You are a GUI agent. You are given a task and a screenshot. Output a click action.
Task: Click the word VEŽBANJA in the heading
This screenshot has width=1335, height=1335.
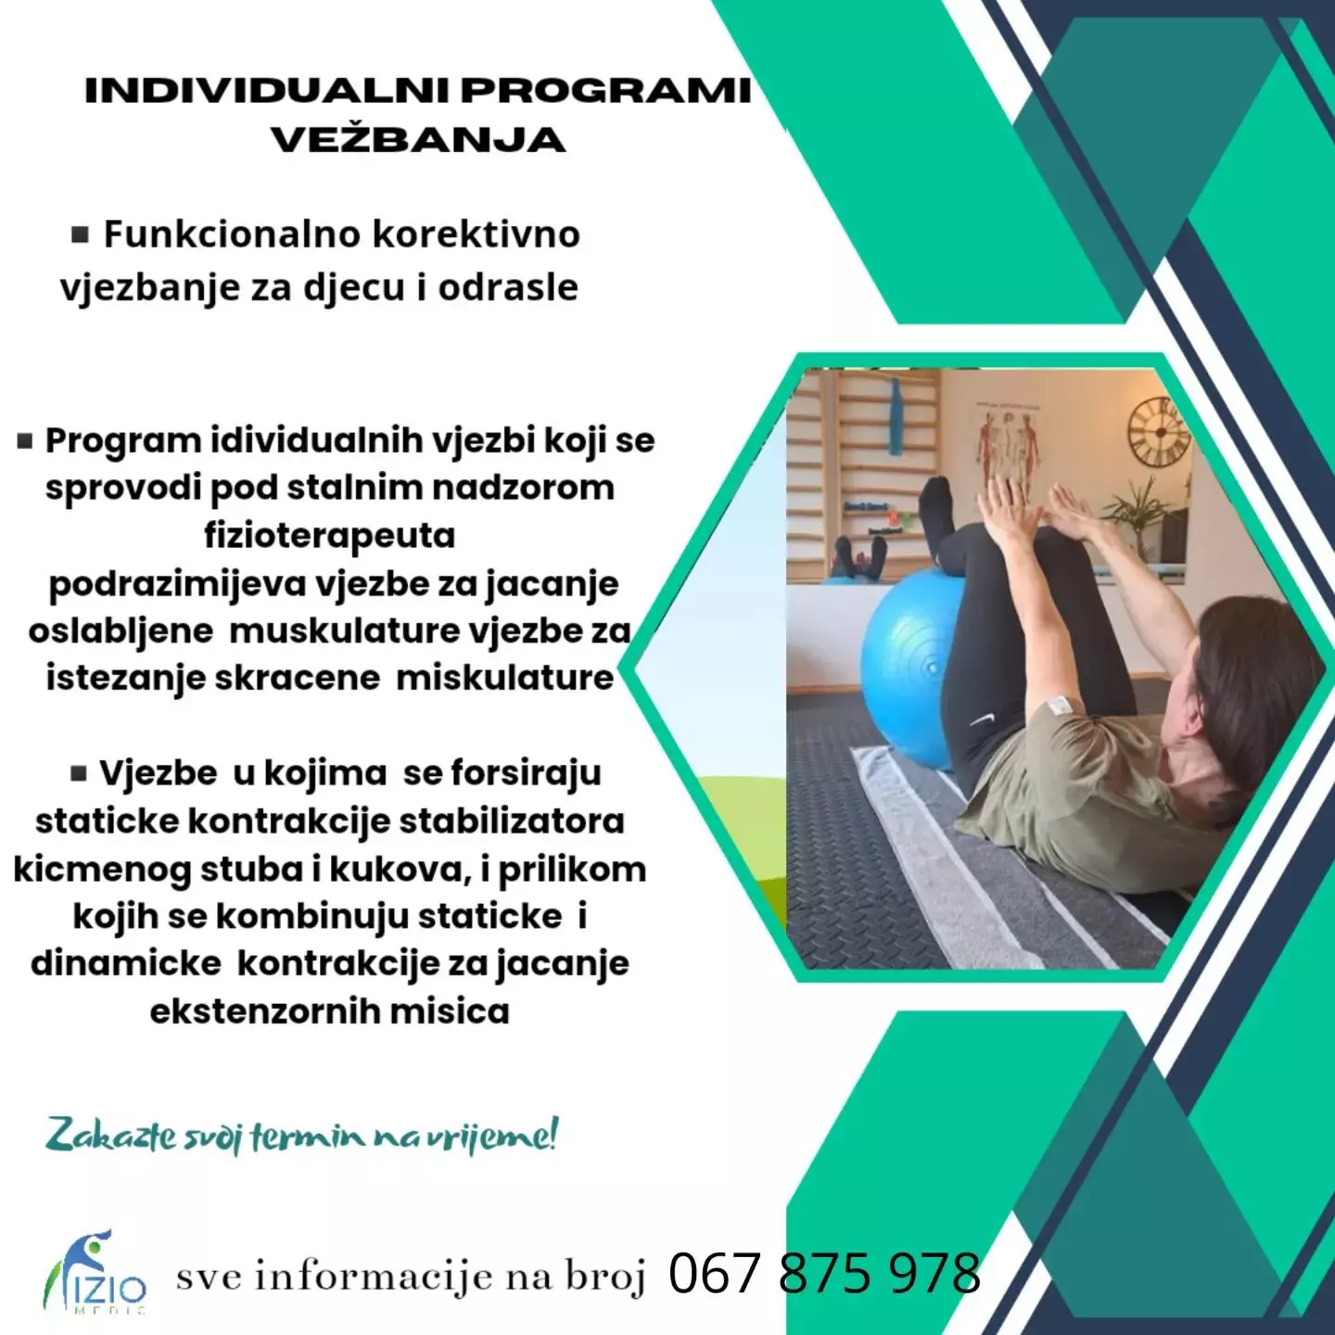click(x=418, y=140)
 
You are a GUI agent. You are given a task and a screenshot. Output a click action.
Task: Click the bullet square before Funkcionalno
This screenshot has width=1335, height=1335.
click(x=81, y=235)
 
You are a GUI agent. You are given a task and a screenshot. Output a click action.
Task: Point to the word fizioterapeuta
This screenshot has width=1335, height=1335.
click(x=330, y=536)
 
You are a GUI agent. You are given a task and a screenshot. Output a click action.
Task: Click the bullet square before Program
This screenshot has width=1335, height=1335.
click(x=25, y=440)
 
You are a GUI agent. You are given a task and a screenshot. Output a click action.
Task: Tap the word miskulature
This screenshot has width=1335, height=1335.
click(x=504, y=678)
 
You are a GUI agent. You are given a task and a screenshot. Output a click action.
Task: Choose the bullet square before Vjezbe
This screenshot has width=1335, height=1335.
click(x=79, y=772)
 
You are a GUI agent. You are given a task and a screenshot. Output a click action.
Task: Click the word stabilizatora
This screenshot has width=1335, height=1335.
click(x=511, y=821)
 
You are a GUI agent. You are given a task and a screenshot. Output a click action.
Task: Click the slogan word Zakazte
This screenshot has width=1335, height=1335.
click(x=110, y=1137)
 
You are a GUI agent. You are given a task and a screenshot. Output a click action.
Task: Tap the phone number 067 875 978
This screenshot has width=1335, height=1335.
click(x=824, y=1272)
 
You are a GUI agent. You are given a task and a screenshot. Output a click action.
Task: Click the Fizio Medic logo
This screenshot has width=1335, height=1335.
click(x=95, y=1274)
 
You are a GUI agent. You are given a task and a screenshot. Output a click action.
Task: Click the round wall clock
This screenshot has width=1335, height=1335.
click(x=1159, y=431)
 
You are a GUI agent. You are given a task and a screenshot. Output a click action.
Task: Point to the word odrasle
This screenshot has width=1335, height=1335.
click(x=508, y=286)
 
